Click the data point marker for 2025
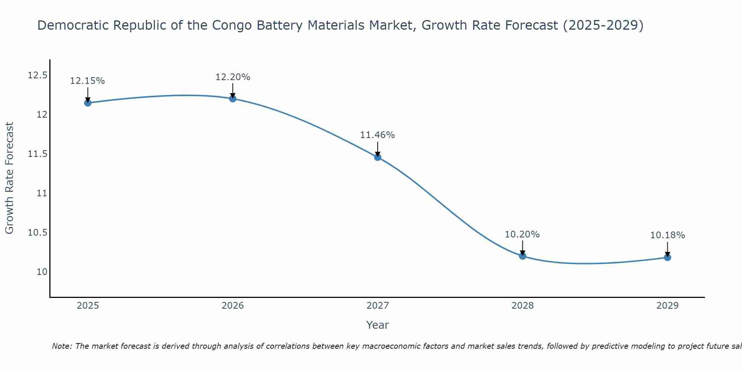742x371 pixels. point(88,103)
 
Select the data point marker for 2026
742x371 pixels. point(233,98)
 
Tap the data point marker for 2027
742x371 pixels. point(378,157)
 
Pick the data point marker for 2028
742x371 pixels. point(522,256)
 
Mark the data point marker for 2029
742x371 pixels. point(667,257)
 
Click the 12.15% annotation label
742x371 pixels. point(88,81)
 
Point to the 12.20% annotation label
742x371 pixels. point(233,77)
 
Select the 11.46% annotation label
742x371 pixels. point(378,135)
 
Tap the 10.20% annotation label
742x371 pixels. point(522,234)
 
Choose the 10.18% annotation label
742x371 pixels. point(667,235)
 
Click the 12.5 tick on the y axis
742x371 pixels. point(38,76)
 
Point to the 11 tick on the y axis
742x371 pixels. point(42,193)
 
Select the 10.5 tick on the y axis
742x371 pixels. point(38,233)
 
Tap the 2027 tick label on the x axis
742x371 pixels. point(378,306)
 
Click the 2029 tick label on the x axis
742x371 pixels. point(667,306)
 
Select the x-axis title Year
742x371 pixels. point(377,325)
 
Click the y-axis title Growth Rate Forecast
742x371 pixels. point(9,178)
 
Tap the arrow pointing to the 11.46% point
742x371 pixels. point(378,149)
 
